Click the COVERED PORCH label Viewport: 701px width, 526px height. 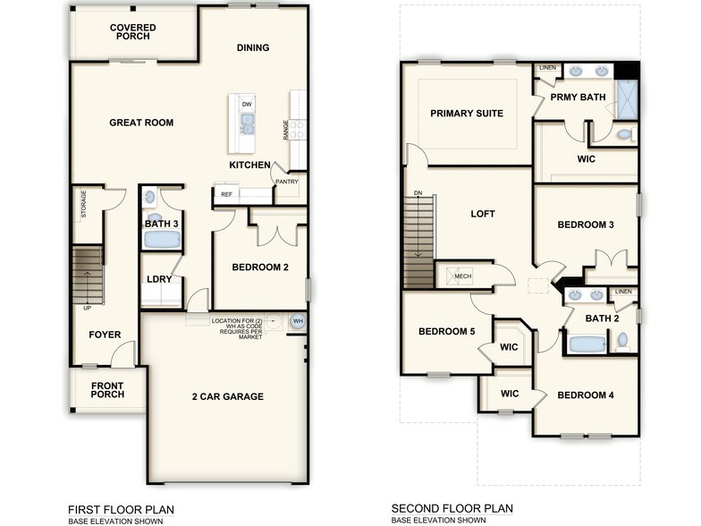click(133, 33)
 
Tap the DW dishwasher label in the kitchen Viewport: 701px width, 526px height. click(247, 105)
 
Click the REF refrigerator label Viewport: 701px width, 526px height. click(227, 193)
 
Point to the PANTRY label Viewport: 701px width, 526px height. click(287, 182)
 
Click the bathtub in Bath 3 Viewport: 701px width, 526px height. click(162, 240)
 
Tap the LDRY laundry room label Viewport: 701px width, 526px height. click(159, 279)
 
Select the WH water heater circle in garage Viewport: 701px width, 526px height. click(297, 321)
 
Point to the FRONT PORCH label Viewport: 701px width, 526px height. click(106, 390)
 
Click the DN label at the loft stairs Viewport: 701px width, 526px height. click(418, 193)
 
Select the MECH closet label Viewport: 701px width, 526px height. click(462, 276)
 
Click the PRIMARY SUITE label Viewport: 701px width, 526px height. click(466, 114)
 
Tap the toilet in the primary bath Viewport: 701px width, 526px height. click(626, 134)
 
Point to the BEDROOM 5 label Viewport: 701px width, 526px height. click(446, 332)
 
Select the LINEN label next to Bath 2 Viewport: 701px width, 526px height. click(623, 292)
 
